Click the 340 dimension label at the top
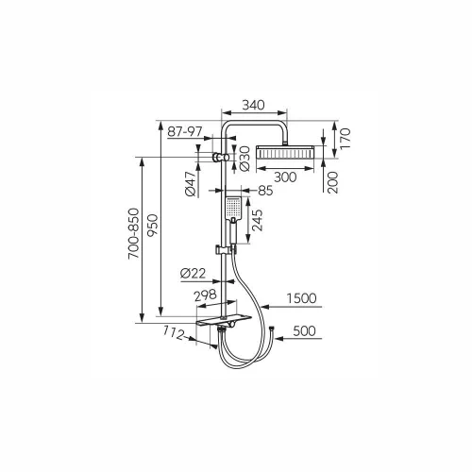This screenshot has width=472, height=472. (253, 105)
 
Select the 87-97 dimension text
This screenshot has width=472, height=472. (185, 131)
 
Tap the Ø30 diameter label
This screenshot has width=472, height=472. (244, 159)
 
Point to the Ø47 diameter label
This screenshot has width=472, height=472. (191, 184)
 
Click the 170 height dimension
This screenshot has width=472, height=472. (345, 139)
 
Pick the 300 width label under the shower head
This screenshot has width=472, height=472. (285, 177)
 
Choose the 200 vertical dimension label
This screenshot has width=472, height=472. (332, 182)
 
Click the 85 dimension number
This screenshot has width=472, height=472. (265, 191)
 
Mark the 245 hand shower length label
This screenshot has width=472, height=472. (258, 220)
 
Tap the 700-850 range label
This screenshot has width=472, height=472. (133, 233)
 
